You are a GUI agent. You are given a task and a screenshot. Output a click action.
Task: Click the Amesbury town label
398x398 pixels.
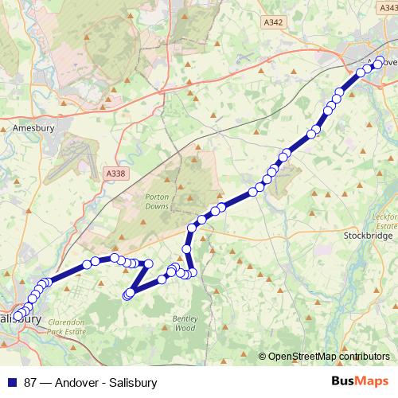32,127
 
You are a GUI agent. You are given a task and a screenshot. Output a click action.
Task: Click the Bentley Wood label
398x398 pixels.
184,322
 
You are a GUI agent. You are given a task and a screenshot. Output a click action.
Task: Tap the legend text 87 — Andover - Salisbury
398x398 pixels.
91,383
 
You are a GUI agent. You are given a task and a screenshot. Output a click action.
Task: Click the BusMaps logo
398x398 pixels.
360,382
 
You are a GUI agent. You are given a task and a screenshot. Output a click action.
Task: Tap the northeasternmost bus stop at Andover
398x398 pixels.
379,61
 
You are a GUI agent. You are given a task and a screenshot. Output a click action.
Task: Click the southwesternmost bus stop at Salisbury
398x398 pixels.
18,316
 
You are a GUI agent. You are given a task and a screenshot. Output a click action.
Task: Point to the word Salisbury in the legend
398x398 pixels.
134,383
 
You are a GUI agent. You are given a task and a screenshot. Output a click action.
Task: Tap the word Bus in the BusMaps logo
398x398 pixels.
345,382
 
